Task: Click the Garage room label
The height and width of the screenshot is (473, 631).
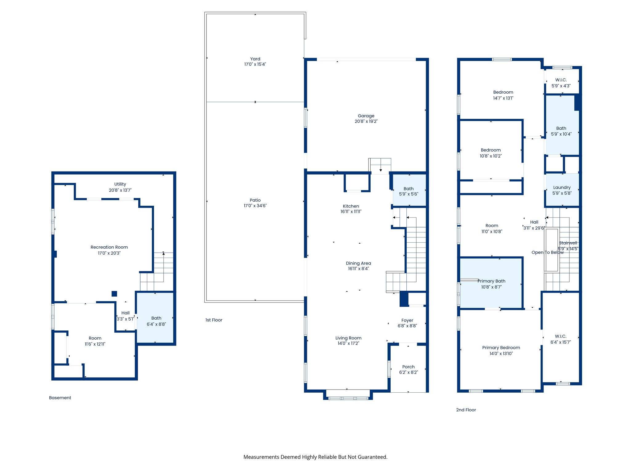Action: point(366,116)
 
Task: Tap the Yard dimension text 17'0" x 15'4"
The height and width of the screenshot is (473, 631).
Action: point(255,64)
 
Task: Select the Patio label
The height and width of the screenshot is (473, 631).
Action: point(255,200)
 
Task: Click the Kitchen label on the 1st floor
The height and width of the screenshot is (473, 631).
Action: point(351,206)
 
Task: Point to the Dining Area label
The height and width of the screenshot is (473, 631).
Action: point(358,263)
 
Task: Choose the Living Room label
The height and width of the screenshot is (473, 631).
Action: point(348,338)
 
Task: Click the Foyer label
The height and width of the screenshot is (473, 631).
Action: point(407,320)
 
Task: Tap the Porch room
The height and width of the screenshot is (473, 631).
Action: point(408,369)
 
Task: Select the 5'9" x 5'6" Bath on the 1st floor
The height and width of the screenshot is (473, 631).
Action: point(408,191)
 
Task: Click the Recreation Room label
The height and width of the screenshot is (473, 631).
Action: point(109,247)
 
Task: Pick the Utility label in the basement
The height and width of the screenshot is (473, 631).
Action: point(120,184)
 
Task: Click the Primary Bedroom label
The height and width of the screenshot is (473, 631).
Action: point(501,347)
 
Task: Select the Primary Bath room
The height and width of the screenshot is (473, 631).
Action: point(491,284)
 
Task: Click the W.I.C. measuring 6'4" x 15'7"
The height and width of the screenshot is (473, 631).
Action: point(560,339)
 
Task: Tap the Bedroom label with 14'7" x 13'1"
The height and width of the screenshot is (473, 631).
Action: point(503,92)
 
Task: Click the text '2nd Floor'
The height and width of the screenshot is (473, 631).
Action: point(466,410)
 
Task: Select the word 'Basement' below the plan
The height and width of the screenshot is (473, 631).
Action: point(60,398)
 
